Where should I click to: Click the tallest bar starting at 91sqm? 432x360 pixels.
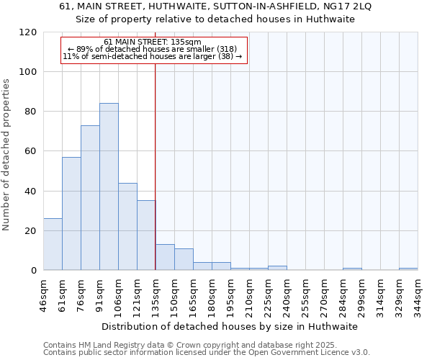pyautogui.click(x=109, y=186)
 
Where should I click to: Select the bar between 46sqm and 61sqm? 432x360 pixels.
pyautogui.click(x=53, y=244)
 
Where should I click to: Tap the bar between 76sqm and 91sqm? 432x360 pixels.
pyautogui.click(x=90, y=198)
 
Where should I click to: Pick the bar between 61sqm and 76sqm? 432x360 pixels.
pyautogui.click(x=71, y=214)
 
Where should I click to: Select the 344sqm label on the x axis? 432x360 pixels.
pyautogui.click(x=418, y=294)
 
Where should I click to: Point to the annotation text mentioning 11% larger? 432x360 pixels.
pyautogui.click(x=153, y=56)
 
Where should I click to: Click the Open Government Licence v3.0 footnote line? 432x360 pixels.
pyautogui.click(x=207, y=353)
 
